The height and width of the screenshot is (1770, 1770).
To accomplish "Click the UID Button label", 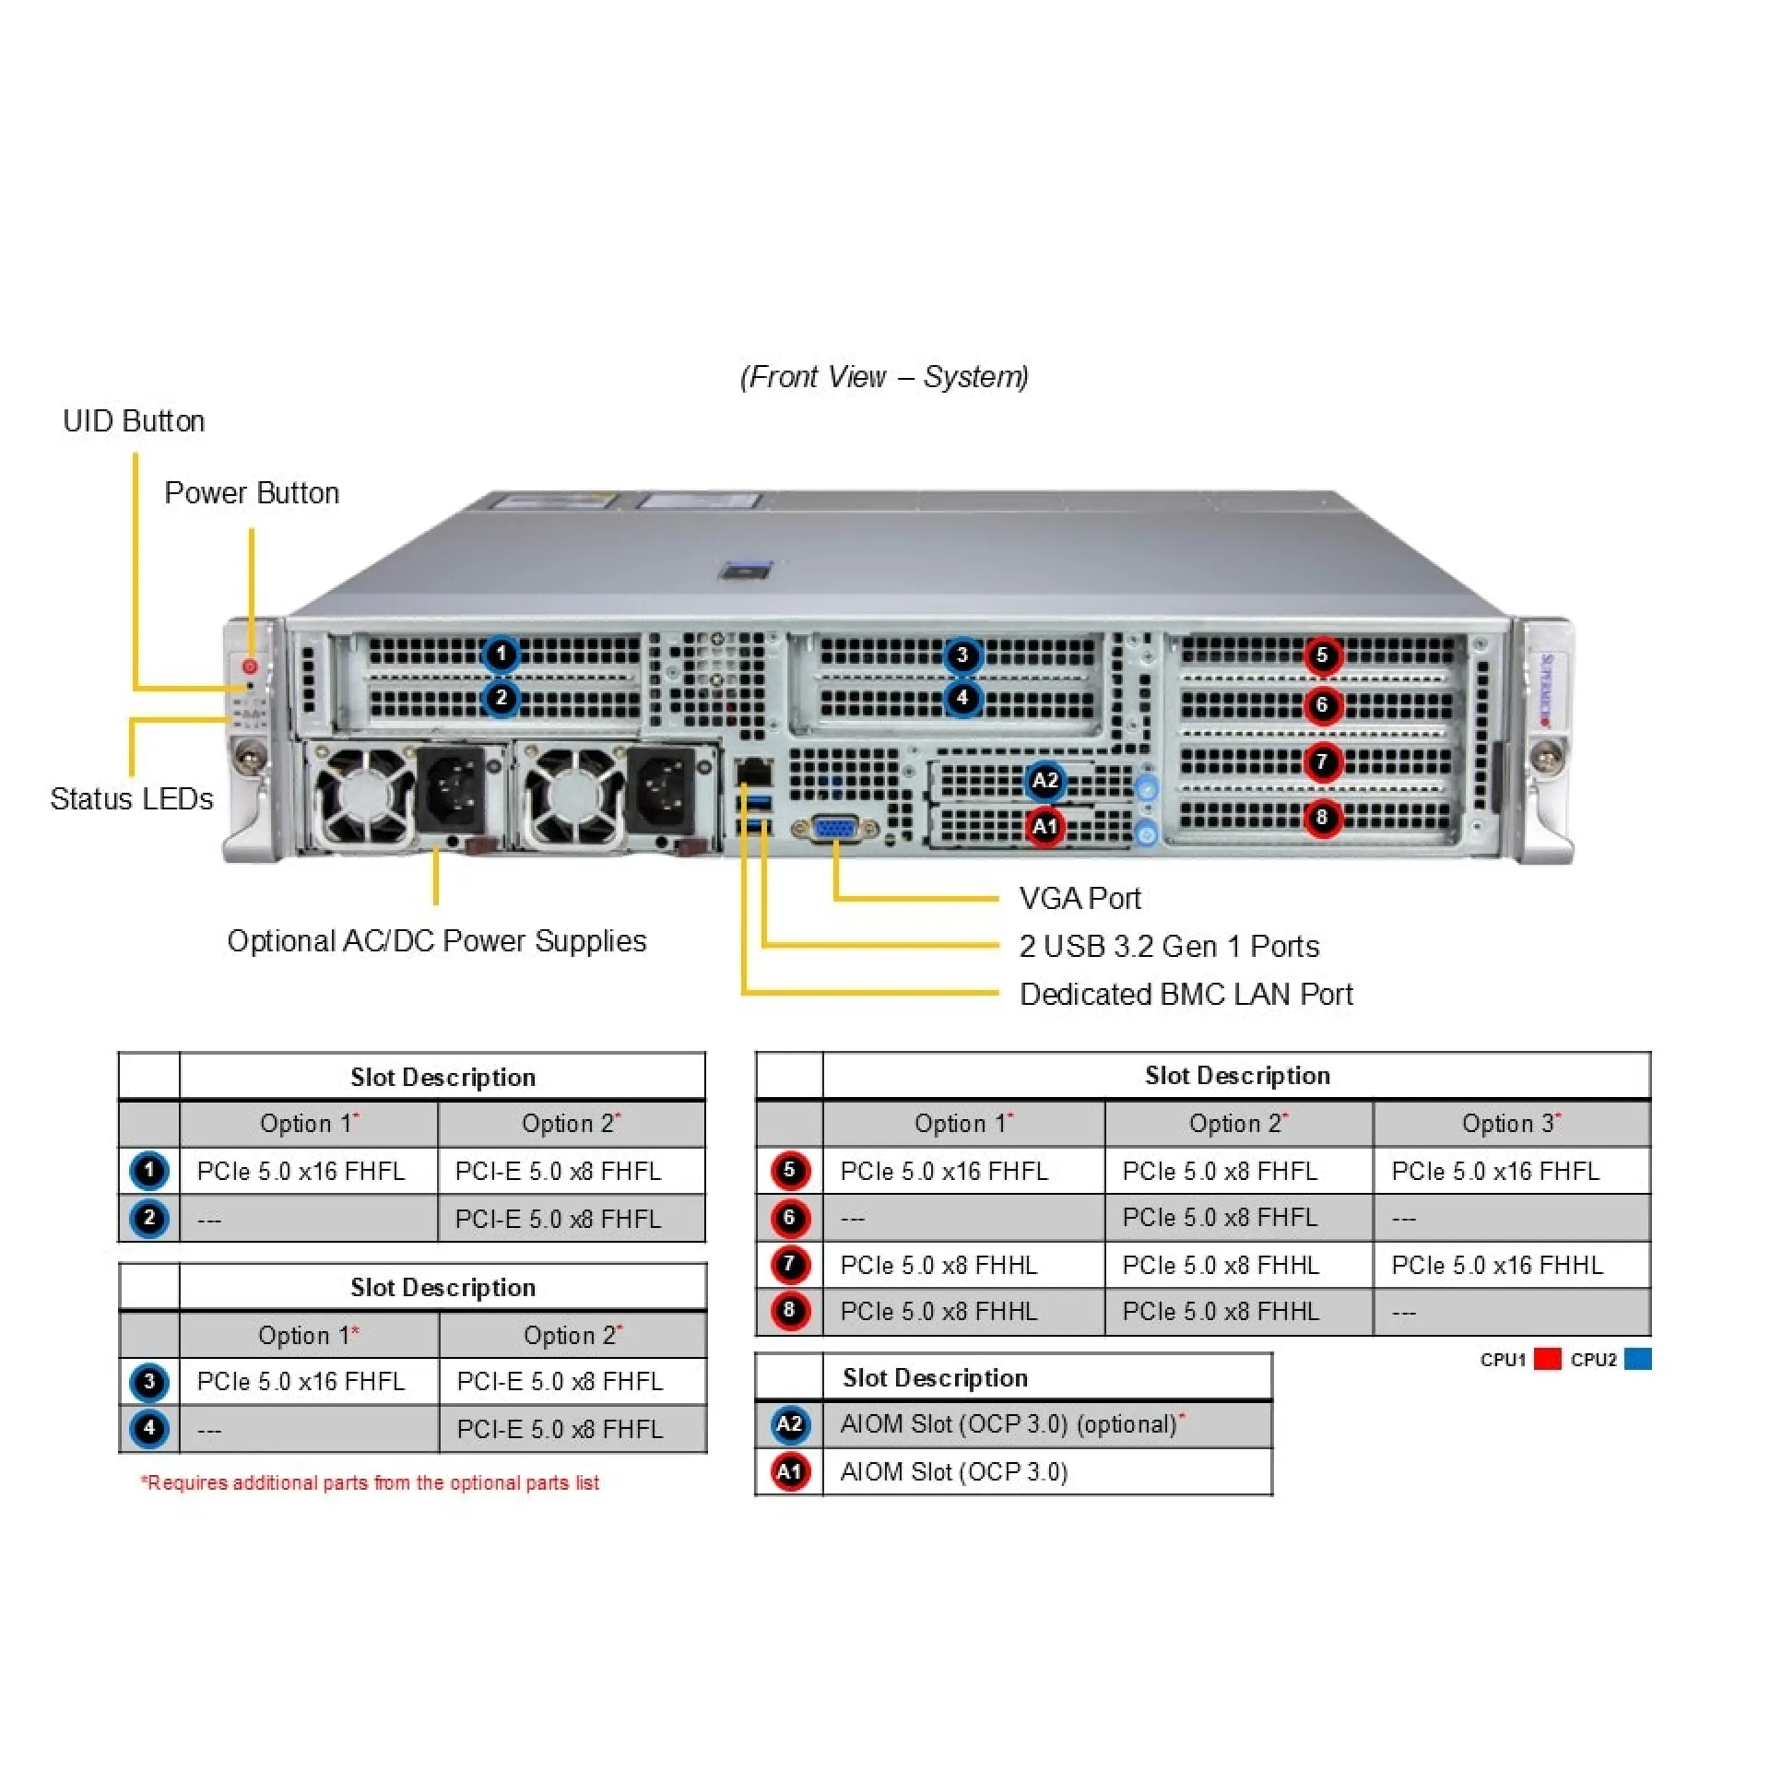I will (x=134, y=421).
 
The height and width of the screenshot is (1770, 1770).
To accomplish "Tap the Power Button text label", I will (x=252, y=493).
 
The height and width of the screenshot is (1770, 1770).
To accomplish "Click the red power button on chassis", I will (x=250, y=666).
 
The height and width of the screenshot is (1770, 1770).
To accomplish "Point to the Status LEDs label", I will (x=132, y=798).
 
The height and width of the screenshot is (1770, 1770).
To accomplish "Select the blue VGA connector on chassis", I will (x=835, y=829).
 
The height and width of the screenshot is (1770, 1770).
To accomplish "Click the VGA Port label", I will (x=1080, y=898).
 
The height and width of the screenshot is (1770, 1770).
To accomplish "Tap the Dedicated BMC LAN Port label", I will (x=1186, y=994).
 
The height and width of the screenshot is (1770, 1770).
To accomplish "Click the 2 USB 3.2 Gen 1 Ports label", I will (x=1168, y=946).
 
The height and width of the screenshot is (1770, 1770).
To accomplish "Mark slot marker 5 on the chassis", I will (x=1322, y=655).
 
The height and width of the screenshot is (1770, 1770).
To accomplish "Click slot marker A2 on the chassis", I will (x=1044, y=781).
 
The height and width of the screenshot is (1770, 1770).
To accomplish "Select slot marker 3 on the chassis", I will (x=962, y=655).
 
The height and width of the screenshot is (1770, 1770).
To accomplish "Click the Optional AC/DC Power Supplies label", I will (x=437, y=940).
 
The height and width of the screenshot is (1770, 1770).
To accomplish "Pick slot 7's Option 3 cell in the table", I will (x=1497, y=1265).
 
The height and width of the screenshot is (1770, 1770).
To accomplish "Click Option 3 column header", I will (x=1510, y=1123).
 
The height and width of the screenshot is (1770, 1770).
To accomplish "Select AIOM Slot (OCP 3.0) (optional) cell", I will (x=1009, y=1424).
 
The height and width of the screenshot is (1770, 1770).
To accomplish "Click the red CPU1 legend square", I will (x=1547, y=1359).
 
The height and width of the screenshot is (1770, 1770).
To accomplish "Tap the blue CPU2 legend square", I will (x=1637, y=1359).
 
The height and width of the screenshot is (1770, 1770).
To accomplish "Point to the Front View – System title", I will (x=884, y=376).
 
